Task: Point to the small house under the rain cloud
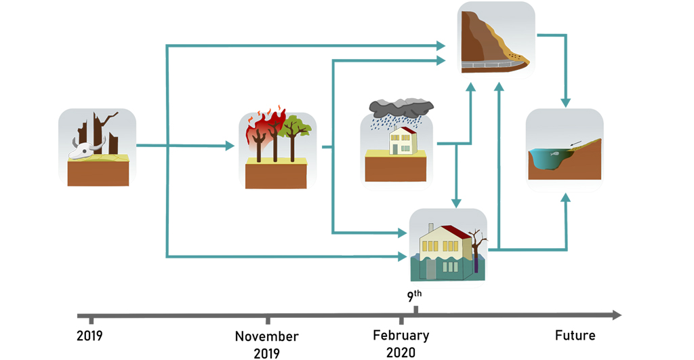click(401, 140)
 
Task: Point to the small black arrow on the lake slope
click(576, 142)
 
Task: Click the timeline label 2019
click(89, 335)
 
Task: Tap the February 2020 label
click(401, 343)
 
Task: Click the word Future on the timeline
click(575, 335)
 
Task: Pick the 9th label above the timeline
click(413, 296)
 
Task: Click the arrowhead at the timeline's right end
click(616, 315)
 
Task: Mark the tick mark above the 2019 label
click(92, 319)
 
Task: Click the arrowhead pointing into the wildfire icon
click(230, 146)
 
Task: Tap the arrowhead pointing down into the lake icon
click(565, 103)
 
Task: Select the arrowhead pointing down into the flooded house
click(457, 203)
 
